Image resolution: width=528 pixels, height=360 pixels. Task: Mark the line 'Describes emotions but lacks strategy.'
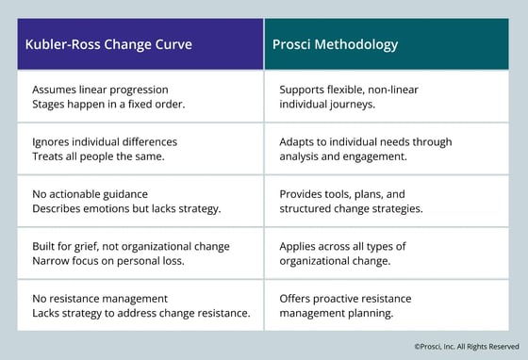125,209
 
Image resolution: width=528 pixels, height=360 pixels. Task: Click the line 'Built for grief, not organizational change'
130,246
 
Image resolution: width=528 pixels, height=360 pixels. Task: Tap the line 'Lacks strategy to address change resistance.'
140,314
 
